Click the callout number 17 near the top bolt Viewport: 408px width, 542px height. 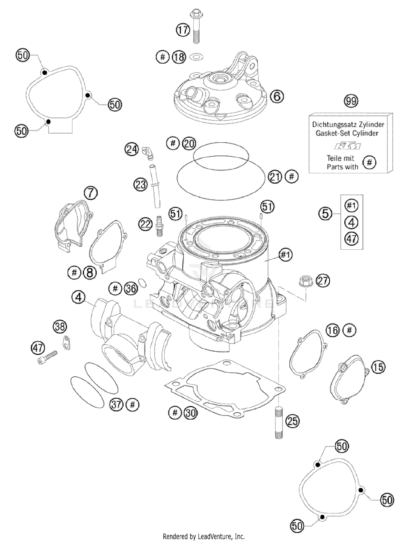point(183,30)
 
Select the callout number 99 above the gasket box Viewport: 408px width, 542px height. point(351,101)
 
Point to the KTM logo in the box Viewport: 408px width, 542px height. point(348,146)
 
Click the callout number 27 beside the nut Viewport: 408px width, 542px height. point(323,280)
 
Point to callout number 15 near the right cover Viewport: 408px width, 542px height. point(378,367)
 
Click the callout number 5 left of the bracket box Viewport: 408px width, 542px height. point(325,213)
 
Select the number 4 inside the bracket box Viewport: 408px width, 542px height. point(351,222)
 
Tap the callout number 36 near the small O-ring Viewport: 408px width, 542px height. point(131,288)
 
